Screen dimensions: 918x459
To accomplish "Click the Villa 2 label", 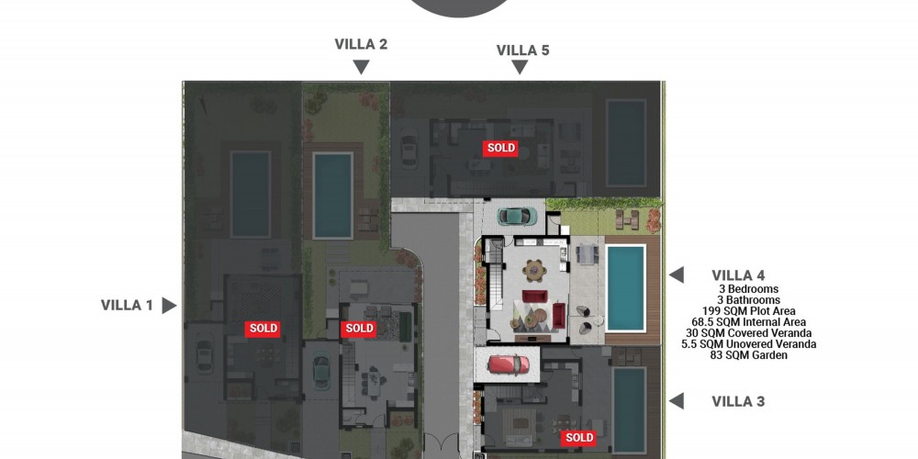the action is click(x=361, y=44).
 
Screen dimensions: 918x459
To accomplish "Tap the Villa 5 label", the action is click(x=523, y=50).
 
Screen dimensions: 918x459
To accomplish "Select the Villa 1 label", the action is click(x=127, y=305).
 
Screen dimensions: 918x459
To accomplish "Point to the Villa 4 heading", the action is click(x=738, y=275).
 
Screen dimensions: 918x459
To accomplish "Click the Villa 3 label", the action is click(x=738, y=402).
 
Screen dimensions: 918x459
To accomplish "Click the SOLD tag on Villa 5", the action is click(x=501, y=148).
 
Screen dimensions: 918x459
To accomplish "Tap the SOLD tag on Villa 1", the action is click(x=263, y=329).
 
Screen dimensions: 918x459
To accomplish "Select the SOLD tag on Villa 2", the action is click(x=359, y=329).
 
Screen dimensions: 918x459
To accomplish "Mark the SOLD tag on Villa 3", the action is click(x=579, y=437).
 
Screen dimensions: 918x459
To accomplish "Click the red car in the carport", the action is click(x=509, y=364).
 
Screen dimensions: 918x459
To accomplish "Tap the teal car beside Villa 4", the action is click(x=518, y=216).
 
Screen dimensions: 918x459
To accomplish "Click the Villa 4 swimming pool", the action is click(x=625, y=288).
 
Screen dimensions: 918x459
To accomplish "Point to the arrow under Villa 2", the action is click(x=361, y=67).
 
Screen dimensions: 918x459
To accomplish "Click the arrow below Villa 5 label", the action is click(x=520, y=67).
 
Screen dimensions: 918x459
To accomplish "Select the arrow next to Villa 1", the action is click(x=169, y=306).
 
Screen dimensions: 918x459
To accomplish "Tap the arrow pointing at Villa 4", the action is click(x=677, y=274).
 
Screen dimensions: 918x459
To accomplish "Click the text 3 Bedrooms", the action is click(x=749, y=288).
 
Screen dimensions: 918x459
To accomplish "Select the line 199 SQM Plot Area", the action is click(x=749, y=311).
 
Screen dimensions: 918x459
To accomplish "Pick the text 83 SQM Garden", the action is click(x=749, y=355).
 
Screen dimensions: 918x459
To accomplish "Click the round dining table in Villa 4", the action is click(x=534, y=271).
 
